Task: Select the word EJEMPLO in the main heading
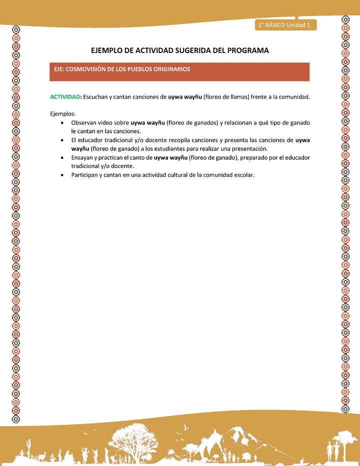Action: (x=109, y=50)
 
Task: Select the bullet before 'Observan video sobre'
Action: (x=61, y=122)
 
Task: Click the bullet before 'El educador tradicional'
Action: (x=61, y=140)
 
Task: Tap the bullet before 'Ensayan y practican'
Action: (x=61, y=157)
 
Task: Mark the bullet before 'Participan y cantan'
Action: (x=61, y=175)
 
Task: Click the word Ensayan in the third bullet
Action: (x=82, y=157)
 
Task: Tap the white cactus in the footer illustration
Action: (x=29, y=445)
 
